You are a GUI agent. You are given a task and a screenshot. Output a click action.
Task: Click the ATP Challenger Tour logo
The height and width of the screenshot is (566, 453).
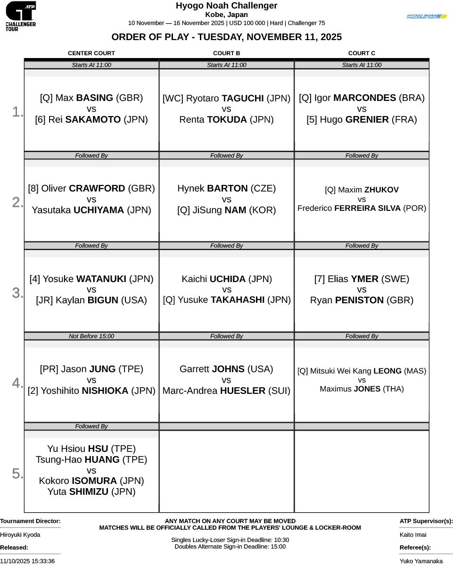pyautogui.click(x=21, y=16)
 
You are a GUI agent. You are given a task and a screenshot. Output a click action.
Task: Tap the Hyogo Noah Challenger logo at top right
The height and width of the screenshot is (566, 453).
pyautogui.click(x=427, y=16)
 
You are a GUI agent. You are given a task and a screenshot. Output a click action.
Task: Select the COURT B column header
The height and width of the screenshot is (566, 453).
pyautogui.click(x=226, y=53)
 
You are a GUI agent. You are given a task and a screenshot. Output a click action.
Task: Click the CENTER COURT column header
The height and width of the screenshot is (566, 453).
pyautogui.click(x=91, y=53)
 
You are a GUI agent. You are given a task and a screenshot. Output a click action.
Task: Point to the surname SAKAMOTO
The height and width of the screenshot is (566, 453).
pyautogui.click(x=93, y=120)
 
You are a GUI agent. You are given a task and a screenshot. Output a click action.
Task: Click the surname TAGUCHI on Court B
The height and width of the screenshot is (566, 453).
pyautogui.click(x=243, y=98)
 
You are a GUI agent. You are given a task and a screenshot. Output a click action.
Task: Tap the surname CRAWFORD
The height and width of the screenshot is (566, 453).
pyautogui.click(x=97, y=188)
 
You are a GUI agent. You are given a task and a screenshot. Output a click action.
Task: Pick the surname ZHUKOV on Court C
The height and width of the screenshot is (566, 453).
pyautogui.click(x=381, y=190)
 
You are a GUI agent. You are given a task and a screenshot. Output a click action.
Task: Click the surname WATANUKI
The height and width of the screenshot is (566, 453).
pyautogui.click(x=101, y=279)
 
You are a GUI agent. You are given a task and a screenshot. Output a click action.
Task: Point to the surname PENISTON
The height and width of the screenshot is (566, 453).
pyautogui.click(x=359, y=300)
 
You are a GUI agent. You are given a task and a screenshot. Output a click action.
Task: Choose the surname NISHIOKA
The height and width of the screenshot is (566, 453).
pyautogui.click(x=105, y=391)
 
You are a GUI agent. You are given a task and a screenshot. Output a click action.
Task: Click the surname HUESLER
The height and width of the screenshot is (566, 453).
pyautogui.click(x=243, y=391)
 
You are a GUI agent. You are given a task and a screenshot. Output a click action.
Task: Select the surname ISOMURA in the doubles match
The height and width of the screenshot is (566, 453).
pyautogui.click(x=94, y=481)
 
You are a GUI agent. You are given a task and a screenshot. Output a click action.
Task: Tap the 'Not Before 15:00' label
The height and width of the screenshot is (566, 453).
pyautogui.click(x=91, y=336)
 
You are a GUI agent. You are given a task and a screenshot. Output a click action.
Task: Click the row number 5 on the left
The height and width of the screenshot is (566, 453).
pyautogui.click(x=17, y=474)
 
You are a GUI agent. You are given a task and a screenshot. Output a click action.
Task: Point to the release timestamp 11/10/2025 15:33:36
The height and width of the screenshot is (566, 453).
pyautogui.click(x=27, y=561)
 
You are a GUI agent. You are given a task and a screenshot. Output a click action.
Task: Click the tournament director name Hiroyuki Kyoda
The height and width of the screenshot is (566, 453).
pyautogui.click(x=20, y=535)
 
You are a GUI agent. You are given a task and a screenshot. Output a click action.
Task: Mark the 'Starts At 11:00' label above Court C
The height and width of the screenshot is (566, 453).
pyautogui.click(x=362, y=65)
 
